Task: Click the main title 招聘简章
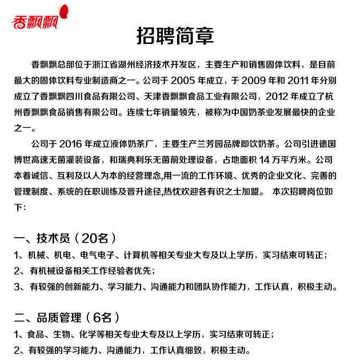click(x=175, y=36)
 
